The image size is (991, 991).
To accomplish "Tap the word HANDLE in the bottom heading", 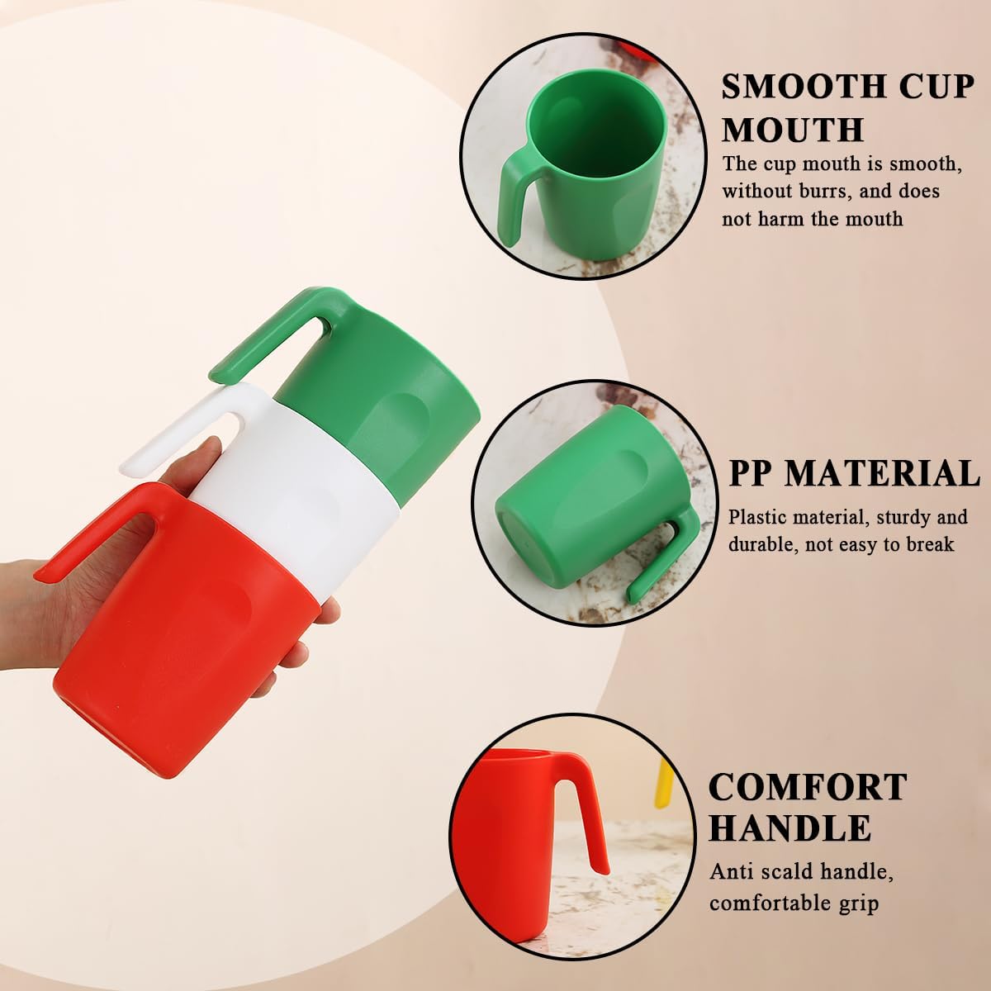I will [x=789, y=827].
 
